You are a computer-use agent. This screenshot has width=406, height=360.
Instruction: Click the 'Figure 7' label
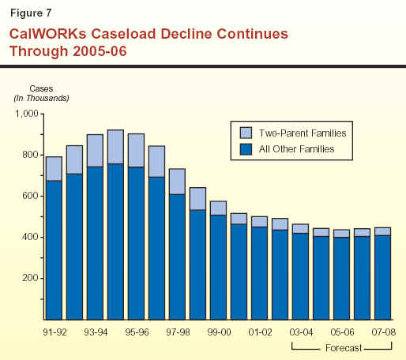tap(31, 13)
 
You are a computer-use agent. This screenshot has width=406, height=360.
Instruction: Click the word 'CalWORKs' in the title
tap(48, 34)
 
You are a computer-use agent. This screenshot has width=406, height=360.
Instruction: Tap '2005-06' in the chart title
tap(100, 51)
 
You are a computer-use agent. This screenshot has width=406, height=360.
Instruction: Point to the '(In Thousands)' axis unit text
tap(41, 98)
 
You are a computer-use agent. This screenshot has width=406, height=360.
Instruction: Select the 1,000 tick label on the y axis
tap(27, 114)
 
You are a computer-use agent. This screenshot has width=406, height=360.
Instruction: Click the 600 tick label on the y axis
tap(30, 196)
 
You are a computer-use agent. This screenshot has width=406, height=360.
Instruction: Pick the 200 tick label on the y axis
tap(30, 278)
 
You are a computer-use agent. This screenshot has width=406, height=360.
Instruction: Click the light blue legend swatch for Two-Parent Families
tap(246, 133)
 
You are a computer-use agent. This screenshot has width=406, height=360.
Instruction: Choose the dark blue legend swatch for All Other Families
tap(246, 149)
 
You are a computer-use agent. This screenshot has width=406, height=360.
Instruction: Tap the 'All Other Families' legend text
tap(296, 149)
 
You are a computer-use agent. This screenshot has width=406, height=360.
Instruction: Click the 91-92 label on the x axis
tap(55, 332)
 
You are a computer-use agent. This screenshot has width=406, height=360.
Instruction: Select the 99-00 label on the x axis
tap(219, 332)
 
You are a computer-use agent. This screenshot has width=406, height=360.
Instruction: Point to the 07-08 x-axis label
tap(383, 332)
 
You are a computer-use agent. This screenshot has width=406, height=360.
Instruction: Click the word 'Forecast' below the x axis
tap(344, 348)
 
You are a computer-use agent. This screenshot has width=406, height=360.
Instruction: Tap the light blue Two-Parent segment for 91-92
tap(55, 169)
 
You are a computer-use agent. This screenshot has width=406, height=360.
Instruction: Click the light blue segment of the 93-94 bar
tap(95, 151)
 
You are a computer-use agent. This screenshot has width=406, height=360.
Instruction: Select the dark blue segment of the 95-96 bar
tap(137, 243)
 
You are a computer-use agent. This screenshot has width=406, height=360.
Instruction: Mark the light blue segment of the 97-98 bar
tap(177, 182)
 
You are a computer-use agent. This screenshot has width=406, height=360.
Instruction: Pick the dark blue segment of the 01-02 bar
tap(260, 273)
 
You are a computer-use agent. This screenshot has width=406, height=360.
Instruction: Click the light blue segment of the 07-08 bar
tap(383, 231)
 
